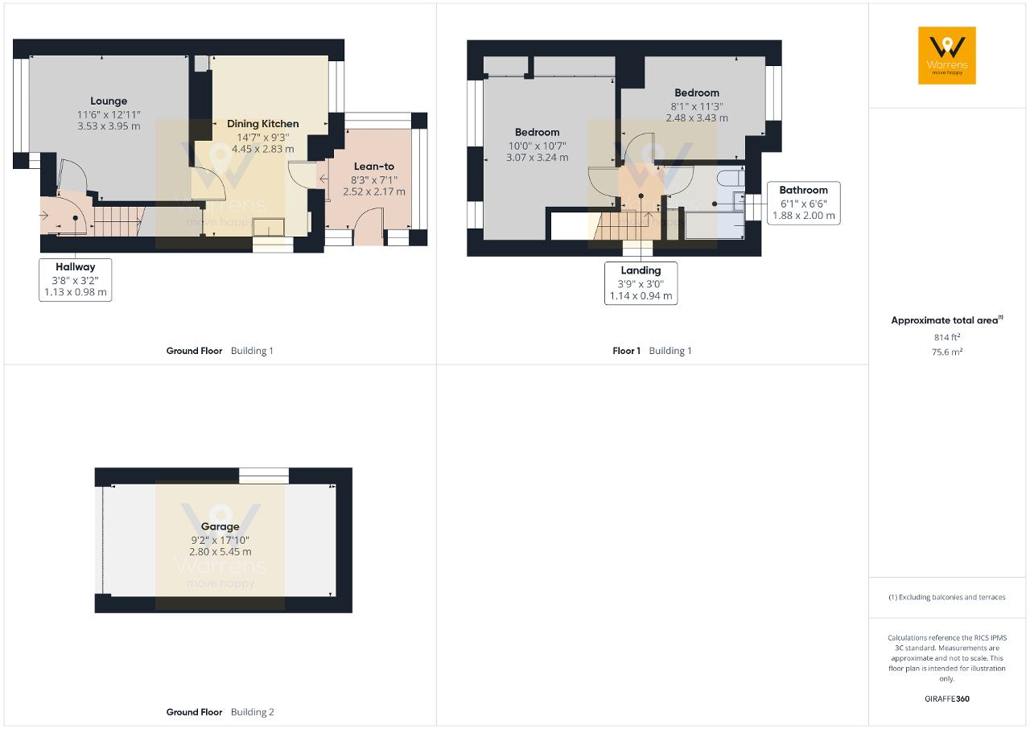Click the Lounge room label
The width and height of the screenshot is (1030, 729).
click(x=109, y=101)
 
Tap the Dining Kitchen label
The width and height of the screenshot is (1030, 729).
click(x=262, y=124)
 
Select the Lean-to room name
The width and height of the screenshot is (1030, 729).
click(x=374, y=167)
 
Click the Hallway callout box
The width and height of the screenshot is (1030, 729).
click(x=76, y=279)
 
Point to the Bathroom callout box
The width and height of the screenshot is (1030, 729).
click(x=803, y=203)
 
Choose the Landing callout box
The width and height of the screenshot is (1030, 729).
click(x=641, y=283)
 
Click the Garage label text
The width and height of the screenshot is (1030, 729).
click(x=220, y=526)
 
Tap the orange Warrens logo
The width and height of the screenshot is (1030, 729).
click(x=947, y=56)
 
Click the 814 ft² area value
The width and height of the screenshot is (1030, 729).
click(x=947, y=337)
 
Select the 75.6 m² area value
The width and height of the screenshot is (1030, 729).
click(x=947, y=352)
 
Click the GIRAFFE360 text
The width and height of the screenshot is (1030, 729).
click(x=947, y=698)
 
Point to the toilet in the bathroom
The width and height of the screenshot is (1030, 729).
click(x=731, y=178)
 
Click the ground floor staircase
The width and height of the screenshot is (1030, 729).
click(x=118, y=221)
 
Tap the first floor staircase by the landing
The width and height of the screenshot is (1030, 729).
click(x=626, y=225)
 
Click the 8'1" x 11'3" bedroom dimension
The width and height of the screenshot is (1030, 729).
click(x=697, y=107)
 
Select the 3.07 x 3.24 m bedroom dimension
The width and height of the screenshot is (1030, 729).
click(x=537, y=158)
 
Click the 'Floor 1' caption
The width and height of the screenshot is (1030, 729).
click(x=626, y=351)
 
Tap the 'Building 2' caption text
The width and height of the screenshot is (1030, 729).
click(x=253, y=712)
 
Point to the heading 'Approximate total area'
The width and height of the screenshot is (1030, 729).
click(x=945, y=320)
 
